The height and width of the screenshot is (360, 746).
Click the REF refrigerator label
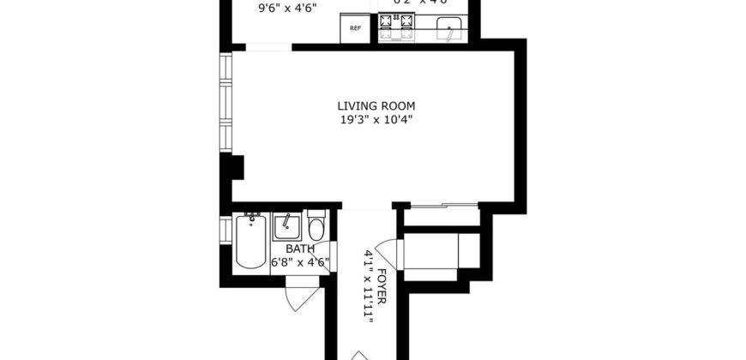355,28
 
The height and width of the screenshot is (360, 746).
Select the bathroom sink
287,228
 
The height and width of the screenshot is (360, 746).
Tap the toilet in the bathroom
316,228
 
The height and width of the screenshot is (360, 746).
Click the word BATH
287,249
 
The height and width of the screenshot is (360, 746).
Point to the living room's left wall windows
225,103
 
